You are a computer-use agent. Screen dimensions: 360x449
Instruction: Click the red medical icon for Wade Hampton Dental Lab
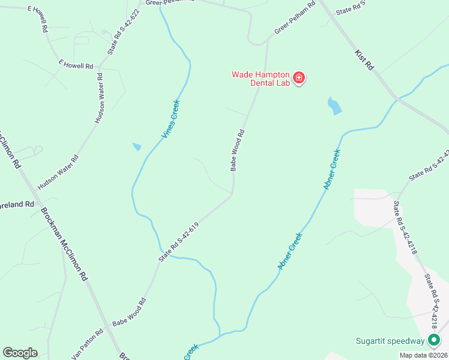[x=299, y=78]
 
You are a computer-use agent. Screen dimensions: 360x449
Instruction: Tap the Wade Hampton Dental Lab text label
[x=261, y=79]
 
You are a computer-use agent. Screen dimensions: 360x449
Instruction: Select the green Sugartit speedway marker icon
[x=433, y=341]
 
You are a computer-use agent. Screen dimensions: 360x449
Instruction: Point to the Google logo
[x=20, y=353]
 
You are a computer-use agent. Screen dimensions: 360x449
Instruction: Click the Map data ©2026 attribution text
[x=423, y=355]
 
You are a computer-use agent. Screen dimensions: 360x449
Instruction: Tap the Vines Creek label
[x=170, y=119]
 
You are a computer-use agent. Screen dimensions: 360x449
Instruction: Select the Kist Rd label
[x=364, y=61]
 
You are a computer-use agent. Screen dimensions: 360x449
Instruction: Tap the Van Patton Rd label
[x=88, y=346]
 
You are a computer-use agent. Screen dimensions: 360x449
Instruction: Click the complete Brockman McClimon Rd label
[x=64, y=244]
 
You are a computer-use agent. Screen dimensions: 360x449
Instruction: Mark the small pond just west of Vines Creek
[x=137, y=146]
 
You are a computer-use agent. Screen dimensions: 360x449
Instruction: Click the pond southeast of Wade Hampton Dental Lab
[x=334, y=106]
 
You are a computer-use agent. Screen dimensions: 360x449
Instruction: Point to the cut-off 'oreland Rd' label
[x=17, y=205]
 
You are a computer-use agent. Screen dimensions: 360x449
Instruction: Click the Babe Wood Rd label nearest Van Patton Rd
[x=128, y=313]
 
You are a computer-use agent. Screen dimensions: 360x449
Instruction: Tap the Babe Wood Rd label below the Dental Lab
[x=237, y=150]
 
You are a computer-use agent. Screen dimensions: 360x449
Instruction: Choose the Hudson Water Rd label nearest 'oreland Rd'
[x=58, y=170]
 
